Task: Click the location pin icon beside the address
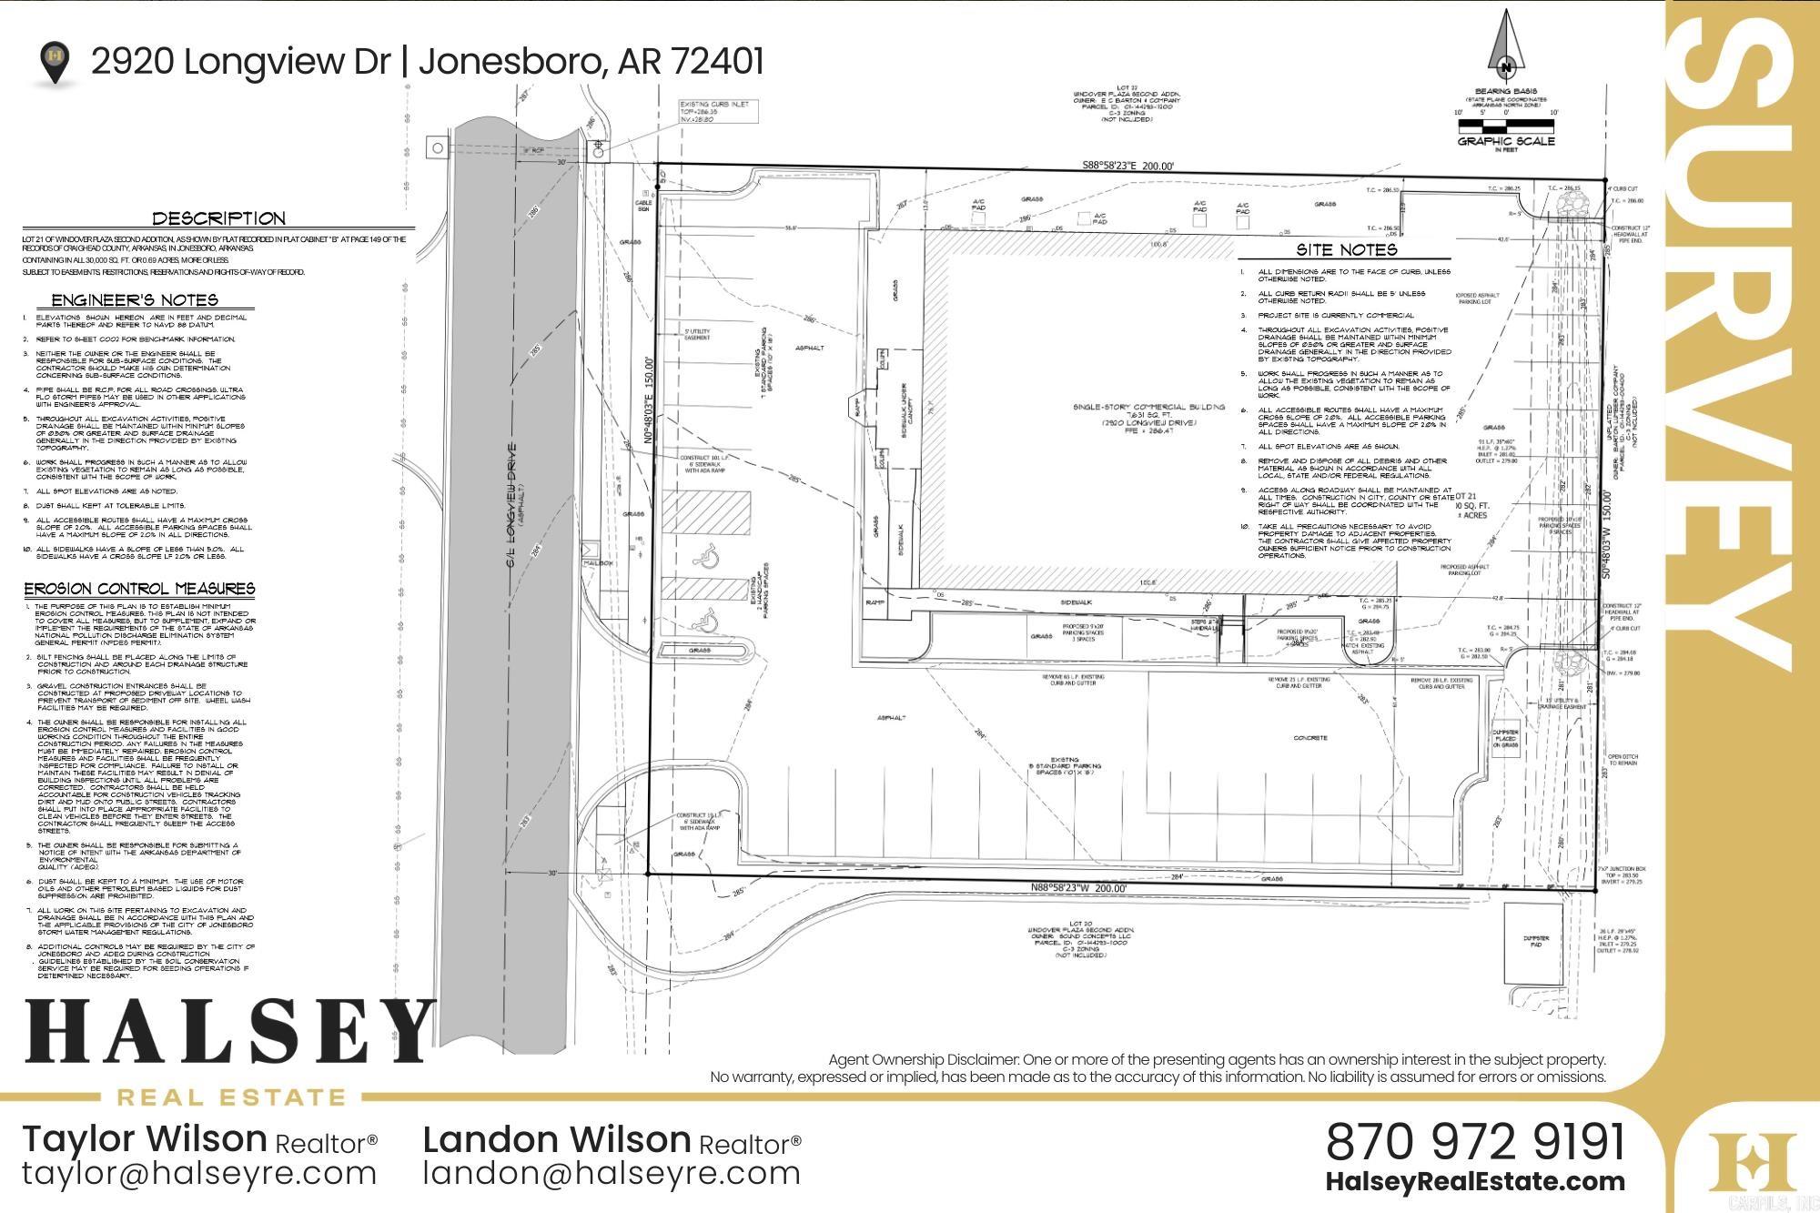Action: tap(56, 62)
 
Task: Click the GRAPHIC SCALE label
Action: tap(1506, 141)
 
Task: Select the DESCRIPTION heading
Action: tap(218, 218)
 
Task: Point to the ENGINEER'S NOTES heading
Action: tap(135, 300)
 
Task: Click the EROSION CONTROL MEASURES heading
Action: tap(139, 589)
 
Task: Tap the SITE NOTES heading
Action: tap(1346, 249)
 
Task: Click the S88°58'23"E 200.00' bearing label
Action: tap(1128, 166)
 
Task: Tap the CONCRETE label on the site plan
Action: tap(1310, 738)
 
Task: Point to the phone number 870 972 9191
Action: tap(1474, 1141)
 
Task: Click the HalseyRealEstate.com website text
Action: tap(1474, 1182)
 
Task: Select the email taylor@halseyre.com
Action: tap(199, 1173)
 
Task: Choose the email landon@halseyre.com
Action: tap(612, 1173)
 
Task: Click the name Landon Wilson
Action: tap(557, 1139)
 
